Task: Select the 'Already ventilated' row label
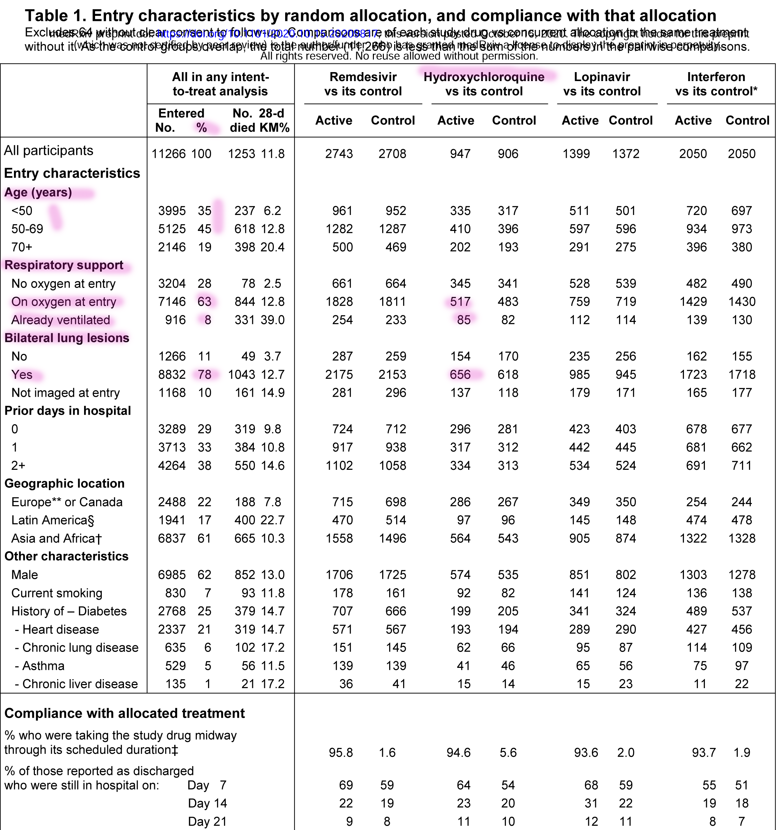click(60, 320)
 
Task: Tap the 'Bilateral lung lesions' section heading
click(67, 338)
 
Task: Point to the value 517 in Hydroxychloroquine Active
click(460, 301)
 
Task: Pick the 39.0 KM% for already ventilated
click(273, 320)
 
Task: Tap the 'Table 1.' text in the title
click(55, 16)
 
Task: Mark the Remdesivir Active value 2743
click(339, 154)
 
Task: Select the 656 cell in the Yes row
click(460, 374)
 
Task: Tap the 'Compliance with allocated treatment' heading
click(124, 713)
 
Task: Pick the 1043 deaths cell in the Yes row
click(241, 374)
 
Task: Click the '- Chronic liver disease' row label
click(76, 684)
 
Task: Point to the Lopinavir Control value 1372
click(625, 154)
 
